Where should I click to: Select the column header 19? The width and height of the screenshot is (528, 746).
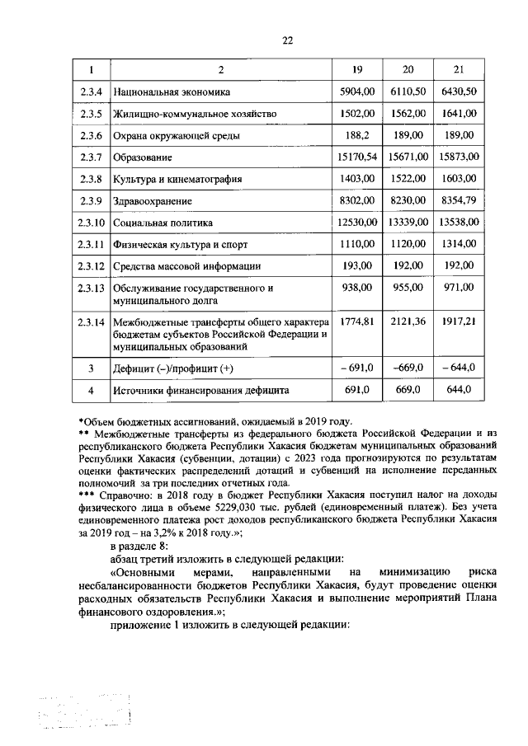[357, 69]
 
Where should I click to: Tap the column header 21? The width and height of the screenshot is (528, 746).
[459, 69]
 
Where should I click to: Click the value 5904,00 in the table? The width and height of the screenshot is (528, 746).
[357, 91]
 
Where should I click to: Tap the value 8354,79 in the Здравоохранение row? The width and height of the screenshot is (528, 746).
[459, 200]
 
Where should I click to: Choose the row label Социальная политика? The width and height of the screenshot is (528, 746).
[164, 223]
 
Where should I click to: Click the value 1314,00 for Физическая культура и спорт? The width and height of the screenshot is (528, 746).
[459, 245]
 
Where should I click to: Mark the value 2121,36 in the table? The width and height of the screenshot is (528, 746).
[408, 321]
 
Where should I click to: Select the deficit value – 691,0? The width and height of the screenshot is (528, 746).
[357, 367]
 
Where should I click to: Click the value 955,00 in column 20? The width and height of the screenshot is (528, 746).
[408, 288]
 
